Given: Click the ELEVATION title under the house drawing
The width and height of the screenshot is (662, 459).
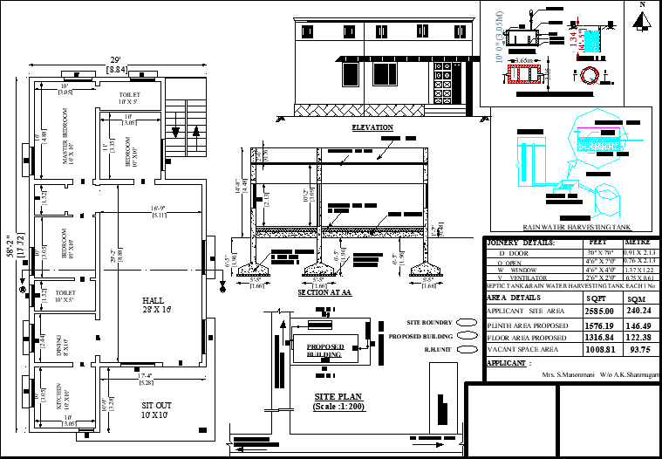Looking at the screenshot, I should click(x=372, y=127).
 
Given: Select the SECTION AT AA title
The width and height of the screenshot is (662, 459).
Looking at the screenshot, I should click(x=324, y=293).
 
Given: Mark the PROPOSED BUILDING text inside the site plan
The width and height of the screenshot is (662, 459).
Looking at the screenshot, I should click(x=325, y=350).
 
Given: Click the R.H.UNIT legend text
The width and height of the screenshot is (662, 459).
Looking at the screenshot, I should click(x=437, y=348).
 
